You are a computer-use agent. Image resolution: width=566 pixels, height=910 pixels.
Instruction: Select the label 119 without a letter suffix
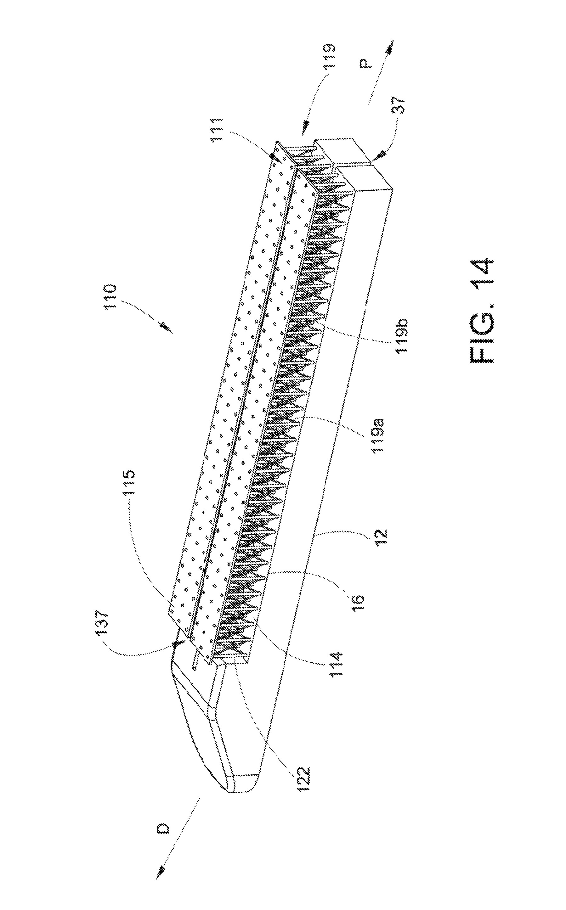pos(329,56)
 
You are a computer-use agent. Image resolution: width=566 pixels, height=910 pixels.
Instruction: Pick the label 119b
pos(402,336)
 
